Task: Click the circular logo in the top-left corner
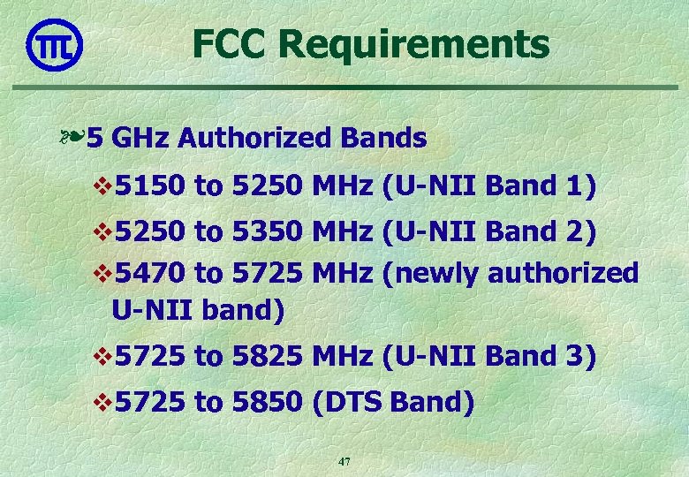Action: [x=55, y=45]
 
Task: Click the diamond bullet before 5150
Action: [x=102, y=187]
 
